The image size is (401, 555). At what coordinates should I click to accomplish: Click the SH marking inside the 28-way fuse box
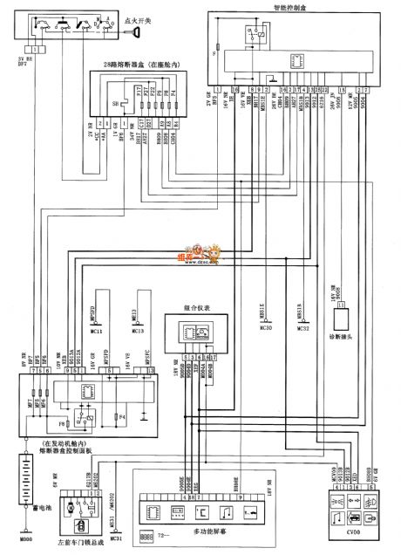coord(118,101)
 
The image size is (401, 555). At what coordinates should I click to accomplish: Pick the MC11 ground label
coord(97,331)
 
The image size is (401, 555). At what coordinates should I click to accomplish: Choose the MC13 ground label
coord(138,331)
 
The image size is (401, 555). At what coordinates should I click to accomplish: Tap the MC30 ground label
coord(267,328)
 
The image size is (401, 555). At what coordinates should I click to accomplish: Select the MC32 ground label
coord(302,328)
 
